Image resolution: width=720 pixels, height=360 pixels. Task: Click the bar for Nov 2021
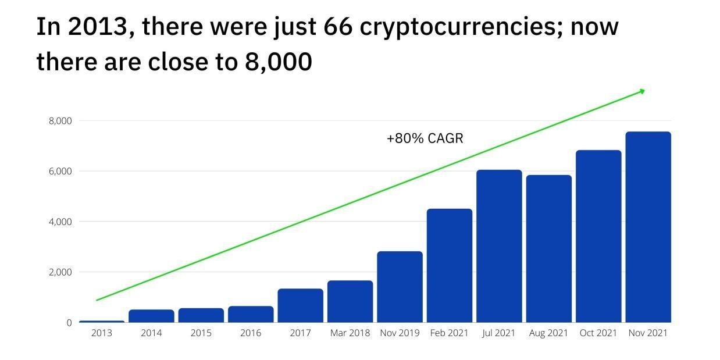point(648,227)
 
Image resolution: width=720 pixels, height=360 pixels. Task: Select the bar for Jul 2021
point(499,246)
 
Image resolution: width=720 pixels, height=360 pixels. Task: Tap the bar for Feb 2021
point(449,265)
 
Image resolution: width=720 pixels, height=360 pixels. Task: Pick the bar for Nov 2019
point(400,287)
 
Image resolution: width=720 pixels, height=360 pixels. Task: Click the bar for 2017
point(300,305)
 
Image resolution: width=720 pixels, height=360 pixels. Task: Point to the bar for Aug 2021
point(548,248)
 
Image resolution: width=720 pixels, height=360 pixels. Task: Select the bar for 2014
point(151,316)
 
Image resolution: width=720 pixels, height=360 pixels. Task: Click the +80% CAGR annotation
point(425,138)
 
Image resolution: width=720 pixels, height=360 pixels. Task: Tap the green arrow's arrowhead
point(642,91)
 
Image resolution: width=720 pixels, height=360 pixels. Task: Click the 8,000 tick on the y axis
point(60,121)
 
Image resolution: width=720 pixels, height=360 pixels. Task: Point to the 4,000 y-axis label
point(60,222)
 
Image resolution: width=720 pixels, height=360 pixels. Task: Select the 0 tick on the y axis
point(69,322)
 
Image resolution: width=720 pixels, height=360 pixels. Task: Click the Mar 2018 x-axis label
point(350,333)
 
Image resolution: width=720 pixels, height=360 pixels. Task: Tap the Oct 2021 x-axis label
point(598,333)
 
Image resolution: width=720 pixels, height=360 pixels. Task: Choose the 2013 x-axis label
point(102,333)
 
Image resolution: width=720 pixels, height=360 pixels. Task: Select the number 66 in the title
point(338,27)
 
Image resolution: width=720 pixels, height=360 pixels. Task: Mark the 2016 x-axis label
point(251,333)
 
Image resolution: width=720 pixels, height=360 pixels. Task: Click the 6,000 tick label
point(60,171)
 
